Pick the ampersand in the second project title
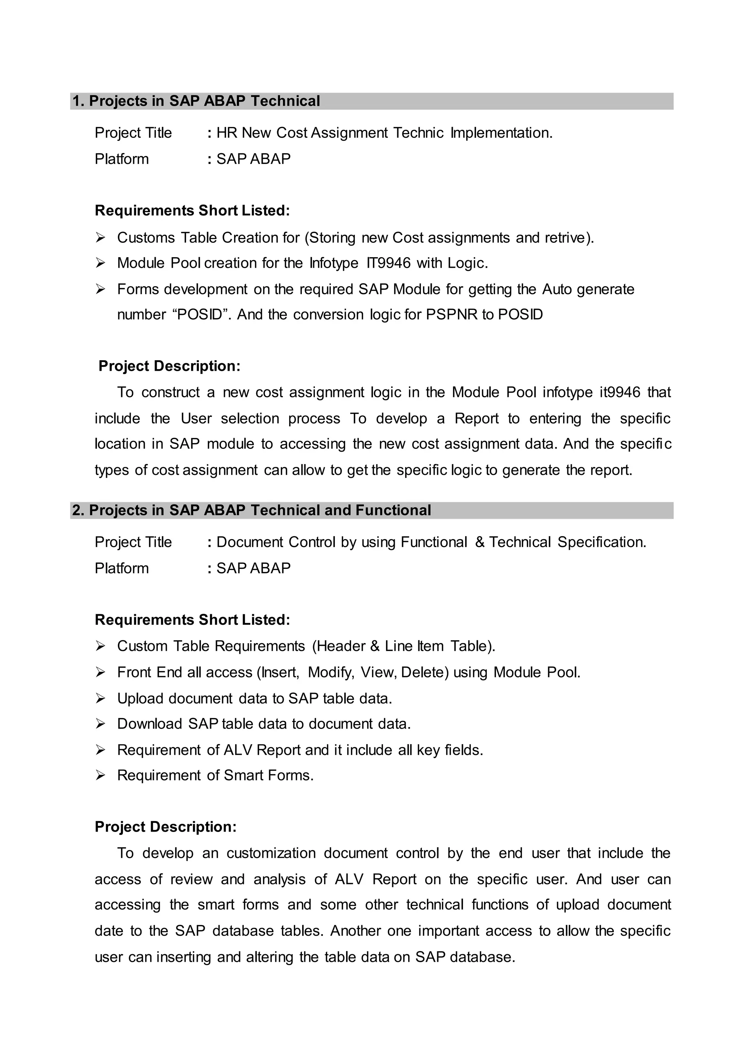[x=480, y=542]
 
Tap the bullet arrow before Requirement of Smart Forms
[x=100, y=775]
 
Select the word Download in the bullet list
[x=149, y=723]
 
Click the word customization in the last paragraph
[x=271, y=853]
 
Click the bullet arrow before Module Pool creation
[x=100, y=263]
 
